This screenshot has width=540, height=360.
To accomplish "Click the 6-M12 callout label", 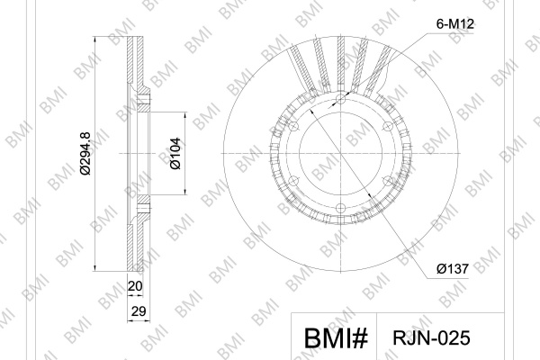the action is (x=454, y=24).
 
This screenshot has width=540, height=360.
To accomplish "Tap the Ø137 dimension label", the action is (x=453, y=268).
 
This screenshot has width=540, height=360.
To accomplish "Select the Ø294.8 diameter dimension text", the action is (x=85, y=153).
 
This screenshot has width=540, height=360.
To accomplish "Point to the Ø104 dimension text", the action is (x=175, y=153).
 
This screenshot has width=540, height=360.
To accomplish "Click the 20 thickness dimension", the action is (x=135, y=286).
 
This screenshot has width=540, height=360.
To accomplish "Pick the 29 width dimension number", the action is (x=139, y=311).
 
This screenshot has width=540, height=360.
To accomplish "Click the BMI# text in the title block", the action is (x=336, y=338).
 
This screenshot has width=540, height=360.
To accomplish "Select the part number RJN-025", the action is (x=431, y=338).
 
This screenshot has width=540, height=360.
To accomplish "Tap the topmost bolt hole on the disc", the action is (x=340, y=99).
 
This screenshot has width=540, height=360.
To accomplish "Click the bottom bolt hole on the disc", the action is (x=340, y=208).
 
